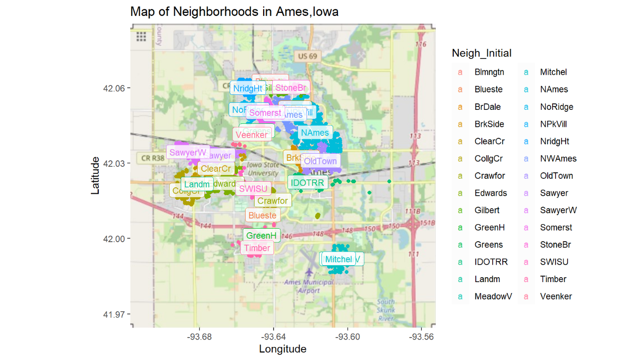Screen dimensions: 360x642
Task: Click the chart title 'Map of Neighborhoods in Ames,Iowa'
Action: pyautogui.click(x=234, y=11)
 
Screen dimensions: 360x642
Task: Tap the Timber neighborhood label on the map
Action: pyautogui.click(x=257, y=248)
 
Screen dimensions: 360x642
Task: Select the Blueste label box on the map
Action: pyautogui.click(x=262, y=216)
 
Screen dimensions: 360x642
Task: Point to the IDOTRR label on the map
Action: pyautogui.click(x=307, y=183)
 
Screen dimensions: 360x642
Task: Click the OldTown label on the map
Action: pyautogui.click(x=320, y=161)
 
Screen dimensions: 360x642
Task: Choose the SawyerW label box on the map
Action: pyautogui.click(x=188, y=152)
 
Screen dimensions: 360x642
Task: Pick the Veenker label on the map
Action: pyautogui.click(x=252, y=135)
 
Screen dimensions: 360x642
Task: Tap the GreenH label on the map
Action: pyautogui.click(x=261, y=236)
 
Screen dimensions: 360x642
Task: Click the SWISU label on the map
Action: pyautogui.click(x=254, y=189)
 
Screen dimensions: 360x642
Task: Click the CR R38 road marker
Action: pyautogui.click(x=152, y=158)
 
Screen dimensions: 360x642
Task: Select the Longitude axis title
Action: pyautogui.click(x=283, y=349)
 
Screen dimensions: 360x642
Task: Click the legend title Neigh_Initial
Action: pyautogui.click(x=481, y=53)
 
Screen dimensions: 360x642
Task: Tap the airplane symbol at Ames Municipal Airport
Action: pyautogui.click(x=310, y=273)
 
